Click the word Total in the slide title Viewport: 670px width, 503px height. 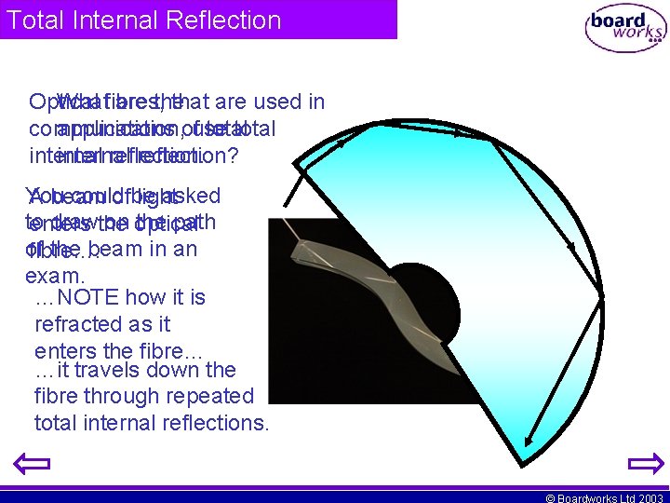(x=32, y=20)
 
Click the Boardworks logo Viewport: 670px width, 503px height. (x=624, y=27)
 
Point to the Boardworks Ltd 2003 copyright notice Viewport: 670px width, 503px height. (x=604, y=497)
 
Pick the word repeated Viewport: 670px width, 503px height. (x=208, y=396)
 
